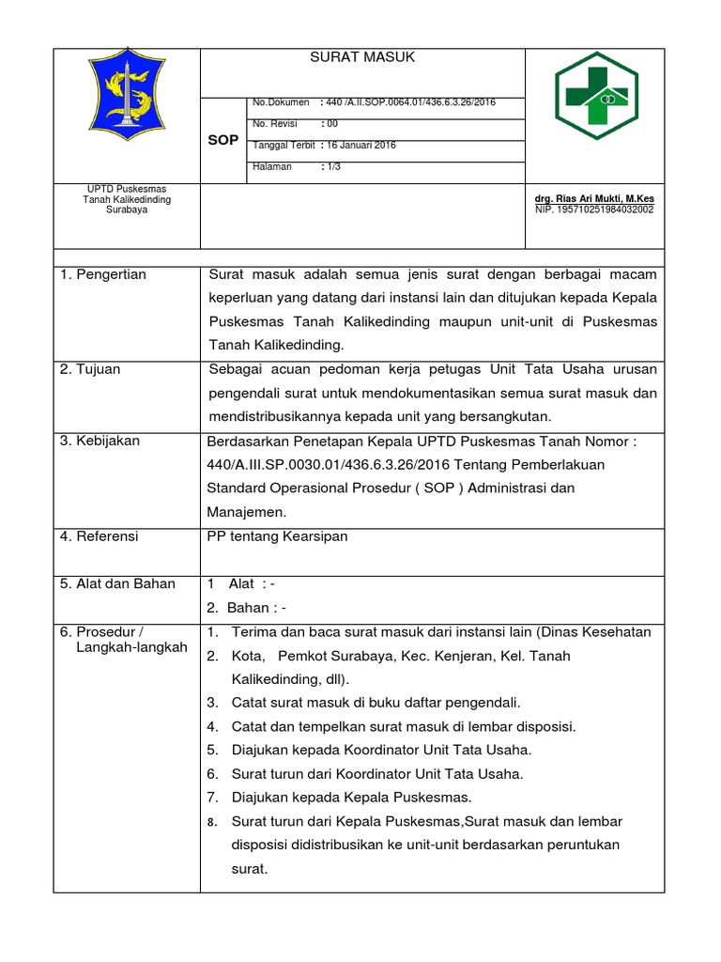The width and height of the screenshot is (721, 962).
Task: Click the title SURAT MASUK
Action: tap(362, 58)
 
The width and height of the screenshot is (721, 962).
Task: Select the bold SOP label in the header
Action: tap(222, 140)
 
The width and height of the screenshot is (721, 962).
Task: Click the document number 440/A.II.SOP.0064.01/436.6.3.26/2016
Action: tap(409, 101)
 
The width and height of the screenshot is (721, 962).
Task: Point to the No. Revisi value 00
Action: tap(330, 124)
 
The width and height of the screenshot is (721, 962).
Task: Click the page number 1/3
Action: tap(331, 167)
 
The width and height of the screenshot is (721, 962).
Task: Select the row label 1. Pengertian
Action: tap(103, 274)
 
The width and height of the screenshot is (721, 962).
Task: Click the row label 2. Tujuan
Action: tap(90, 369)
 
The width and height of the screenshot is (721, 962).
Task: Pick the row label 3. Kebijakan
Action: tap(100, 441)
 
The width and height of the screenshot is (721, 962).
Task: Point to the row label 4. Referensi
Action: tap(99, 535)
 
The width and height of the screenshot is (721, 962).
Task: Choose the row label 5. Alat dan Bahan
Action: tap(117, 583)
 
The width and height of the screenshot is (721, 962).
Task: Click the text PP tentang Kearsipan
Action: tap(277, 535)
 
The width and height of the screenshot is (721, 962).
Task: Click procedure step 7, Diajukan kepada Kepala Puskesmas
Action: tap(351, 798)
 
